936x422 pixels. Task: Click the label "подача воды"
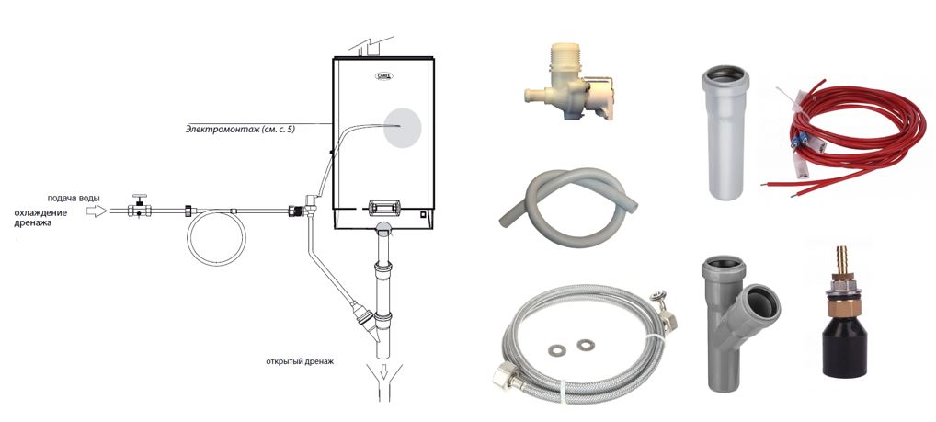(x=74, y=199)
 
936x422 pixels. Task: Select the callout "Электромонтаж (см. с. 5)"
(x=240, y=129)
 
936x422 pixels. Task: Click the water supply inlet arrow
(x=97, y=211)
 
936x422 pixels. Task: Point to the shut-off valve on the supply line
(x=139, y=207)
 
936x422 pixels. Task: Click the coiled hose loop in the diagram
(x=216, y=237)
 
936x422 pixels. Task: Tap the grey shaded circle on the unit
(x=403, y=129)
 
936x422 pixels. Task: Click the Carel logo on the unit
(x=382, y=75)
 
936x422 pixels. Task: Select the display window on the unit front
(x=382, y=208)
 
